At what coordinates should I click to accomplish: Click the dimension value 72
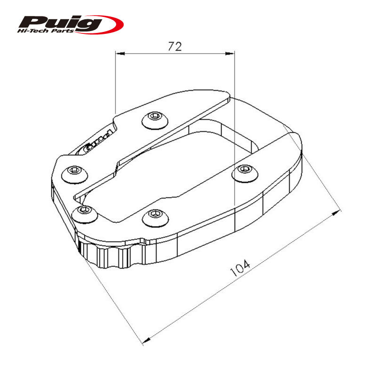tap(174, 46)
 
